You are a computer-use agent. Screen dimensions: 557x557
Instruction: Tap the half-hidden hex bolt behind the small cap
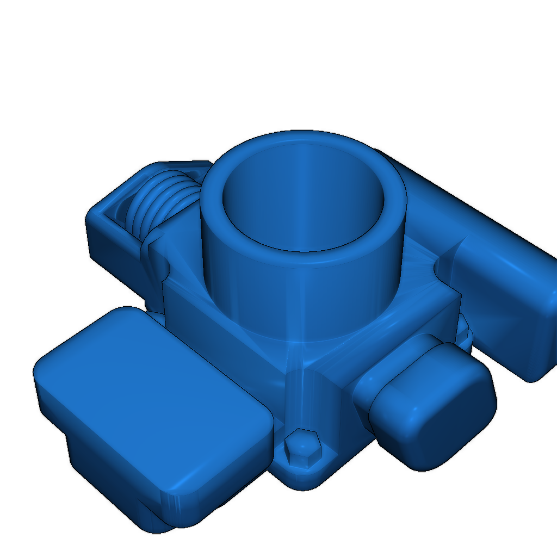[463, 330]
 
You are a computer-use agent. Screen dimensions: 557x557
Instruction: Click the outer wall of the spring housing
[109, 245]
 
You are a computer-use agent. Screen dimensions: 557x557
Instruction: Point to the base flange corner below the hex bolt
[305, 479]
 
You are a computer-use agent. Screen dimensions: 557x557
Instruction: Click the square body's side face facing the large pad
[228, 337]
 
